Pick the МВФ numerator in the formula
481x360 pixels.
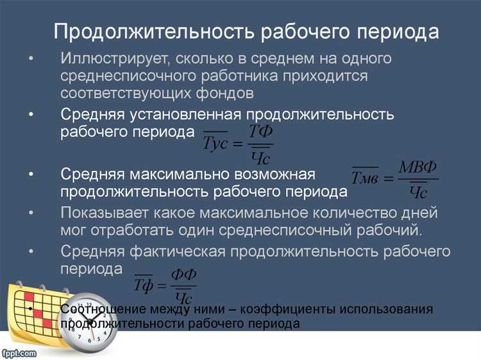coord(418,167)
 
